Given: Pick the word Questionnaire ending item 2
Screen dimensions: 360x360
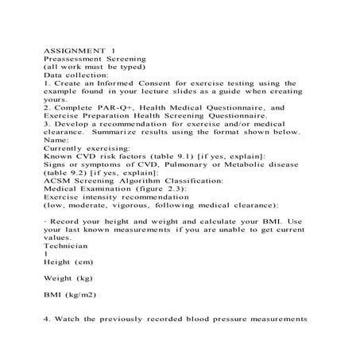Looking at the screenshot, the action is point(250,116).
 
